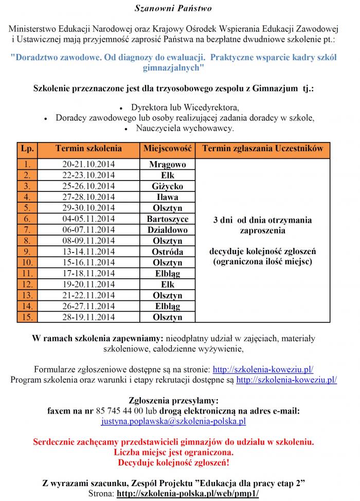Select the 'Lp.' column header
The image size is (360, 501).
tap(27, 149)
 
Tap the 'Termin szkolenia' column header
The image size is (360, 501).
tap(88, 149)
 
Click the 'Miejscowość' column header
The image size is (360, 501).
tap(168, 149)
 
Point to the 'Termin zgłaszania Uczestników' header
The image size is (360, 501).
tap(263, 149)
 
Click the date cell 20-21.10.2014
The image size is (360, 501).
tap(88, 165)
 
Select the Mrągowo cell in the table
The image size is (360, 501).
tap(168, 165)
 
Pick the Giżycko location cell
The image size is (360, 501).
tap(168, 186)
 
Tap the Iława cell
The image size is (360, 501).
tap(168, 197)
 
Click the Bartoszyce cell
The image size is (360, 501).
tap(168, 219)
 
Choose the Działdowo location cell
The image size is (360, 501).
tap(168, 230)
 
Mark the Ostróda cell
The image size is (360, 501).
tap(168, 252)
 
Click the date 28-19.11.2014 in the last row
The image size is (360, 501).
tap(88, 317)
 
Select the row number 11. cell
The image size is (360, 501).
tap(27, 274)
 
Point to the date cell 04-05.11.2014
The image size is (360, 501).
tap(88, 219)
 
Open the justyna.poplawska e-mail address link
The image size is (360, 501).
tap(173, 421)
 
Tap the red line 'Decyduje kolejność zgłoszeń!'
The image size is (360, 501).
tap(173, 462)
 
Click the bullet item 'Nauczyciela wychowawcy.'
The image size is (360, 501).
tap(185, 128)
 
